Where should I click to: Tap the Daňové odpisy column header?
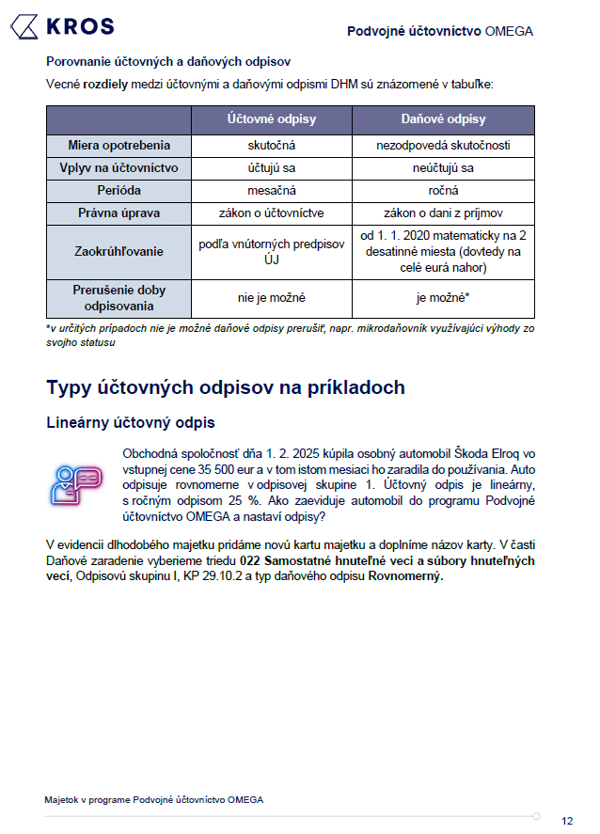[443, 119]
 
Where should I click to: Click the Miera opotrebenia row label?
[118, 146]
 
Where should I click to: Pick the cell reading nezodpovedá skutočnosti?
[443, 146]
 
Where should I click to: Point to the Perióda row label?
[118, 191]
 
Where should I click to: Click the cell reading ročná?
[443, 191]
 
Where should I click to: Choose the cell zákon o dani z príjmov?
[443, 213]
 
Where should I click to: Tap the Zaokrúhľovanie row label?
[118, 252]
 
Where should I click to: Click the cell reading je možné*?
[443, 298]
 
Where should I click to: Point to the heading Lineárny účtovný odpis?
[130, 423]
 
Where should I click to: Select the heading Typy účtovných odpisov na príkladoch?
[226, 387]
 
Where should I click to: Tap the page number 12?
[567, 821]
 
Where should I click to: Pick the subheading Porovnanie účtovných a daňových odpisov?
[168, 62]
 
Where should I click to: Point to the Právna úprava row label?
[118, 213]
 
